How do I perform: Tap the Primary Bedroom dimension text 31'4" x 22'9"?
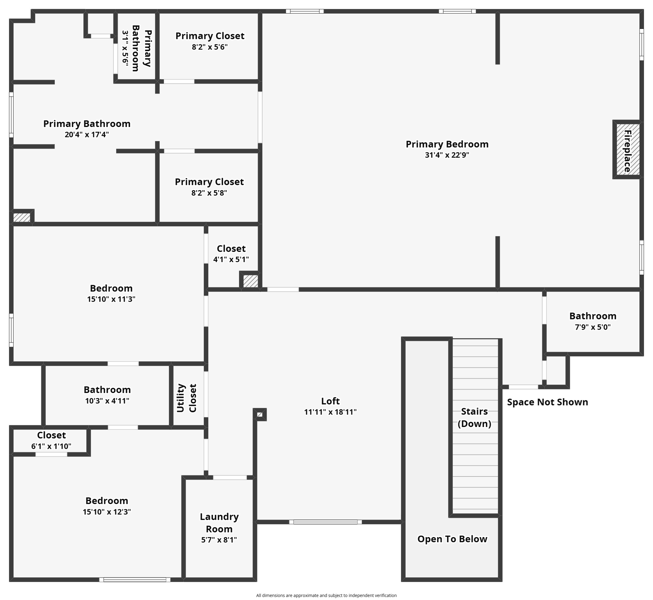click(x=447, y=155)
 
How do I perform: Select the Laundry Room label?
click(x=219, y=523)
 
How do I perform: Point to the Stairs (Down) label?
click(x=474, y=417)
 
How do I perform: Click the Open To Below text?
click(x=452, y=539)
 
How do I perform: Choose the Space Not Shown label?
click(x=547, y=402)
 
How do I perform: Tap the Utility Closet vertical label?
click(x=187, y=398)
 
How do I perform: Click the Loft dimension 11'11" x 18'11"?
click(x=330, y=412)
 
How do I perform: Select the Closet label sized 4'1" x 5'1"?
click(x=231, y=249)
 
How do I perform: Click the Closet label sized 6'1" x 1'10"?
click(x=51, y=435)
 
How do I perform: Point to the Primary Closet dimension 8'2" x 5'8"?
click(x=209, y=193)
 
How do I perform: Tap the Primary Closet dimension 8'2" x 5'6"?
click(x=209, y=47)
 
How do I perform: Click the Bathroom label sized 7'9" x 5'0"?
click(x=592, y=316)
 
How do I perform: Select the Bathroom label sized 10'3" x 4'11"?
click(x=107, y=390)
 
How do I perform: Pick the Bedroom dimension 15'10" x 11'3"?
click(x=111, y=299)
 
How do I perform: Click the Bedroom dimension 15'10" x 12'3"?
click(x=107, y=512)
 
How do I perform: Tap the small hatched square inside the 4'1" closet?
click(x=250, y=281)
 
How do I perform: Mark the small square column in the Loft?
click(x=260, y=414)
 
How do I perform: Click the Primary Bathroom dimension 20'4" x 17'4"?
click(x=86, y=135)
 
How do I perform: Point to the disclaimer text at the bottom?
click(x=326, y=595)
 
